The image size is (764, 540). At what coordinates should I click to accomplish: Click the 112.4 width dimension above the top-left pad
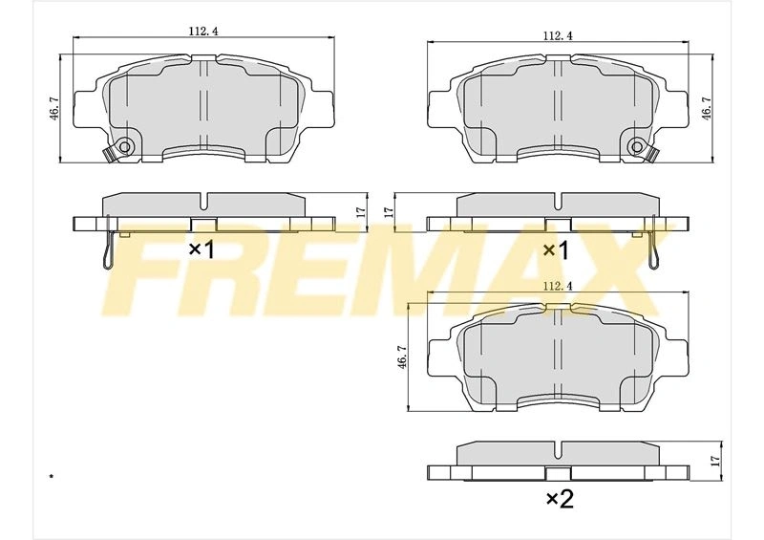tap(202, 31)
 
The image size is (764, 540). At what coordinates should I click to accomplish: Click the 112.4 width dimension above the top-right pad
tap(558, 36)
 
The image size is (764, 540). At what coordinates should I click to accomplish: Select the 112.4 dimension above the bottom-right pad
tap(558, 287)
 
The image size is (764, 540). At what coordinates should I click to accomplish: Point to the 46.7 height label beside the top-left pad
tap(54, 108)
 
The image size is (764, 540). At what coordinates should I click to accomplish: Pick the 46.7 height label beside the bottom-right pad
tap(402, 357)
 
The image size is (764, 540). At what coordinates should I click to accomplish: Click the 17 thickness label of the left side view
tap(361, 212)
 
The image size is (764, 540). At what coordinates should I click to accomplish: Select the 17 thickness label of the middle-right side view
tap(389, 212)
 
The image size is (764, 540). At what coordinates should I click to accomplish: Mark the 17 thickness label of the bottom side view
tap(715, 461)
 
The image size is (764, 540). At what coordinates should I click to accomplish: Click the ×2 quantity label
tap(560, 499)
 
